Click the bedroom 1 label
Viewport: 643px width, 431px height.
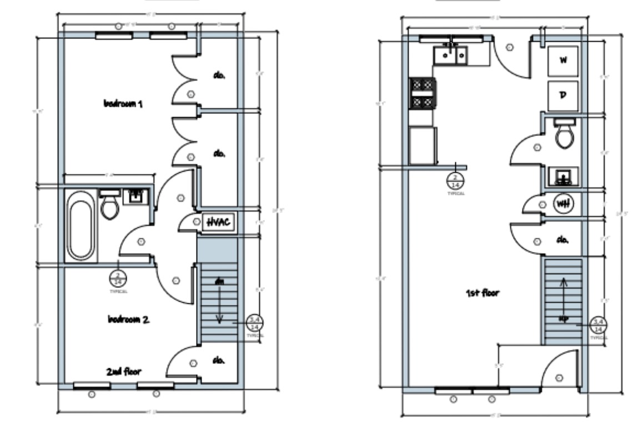coord(123,104)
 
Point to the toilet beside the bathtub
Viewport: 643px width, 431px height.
coord(110,206)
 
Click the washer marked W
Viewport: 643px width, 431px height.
coord(562,61)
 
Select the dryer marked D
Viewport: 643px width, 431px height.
coord(562,95)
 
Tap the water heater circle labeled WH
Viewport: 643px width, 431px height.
coord(562,203)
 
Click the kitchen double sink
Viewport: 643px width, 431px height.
coord(450,54)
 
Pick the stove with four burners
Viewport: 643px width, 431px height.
coord(422,93)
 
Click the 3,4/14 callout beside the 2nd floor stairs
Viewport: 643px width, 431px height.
coord(255,323)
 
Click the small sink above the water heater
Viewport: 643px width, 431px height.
coord(563,177)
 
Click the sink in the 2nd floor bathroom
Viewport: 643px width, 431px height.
coord(135,196)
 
